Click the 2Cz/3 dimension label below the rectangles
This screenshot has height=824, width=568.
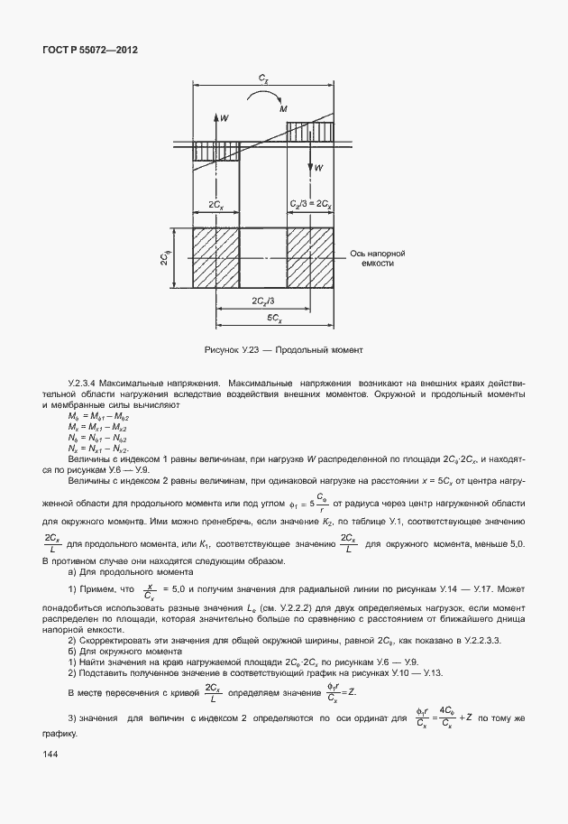[263, 300]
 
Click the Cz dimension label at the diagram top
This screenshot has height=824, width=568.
[263, 80]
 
